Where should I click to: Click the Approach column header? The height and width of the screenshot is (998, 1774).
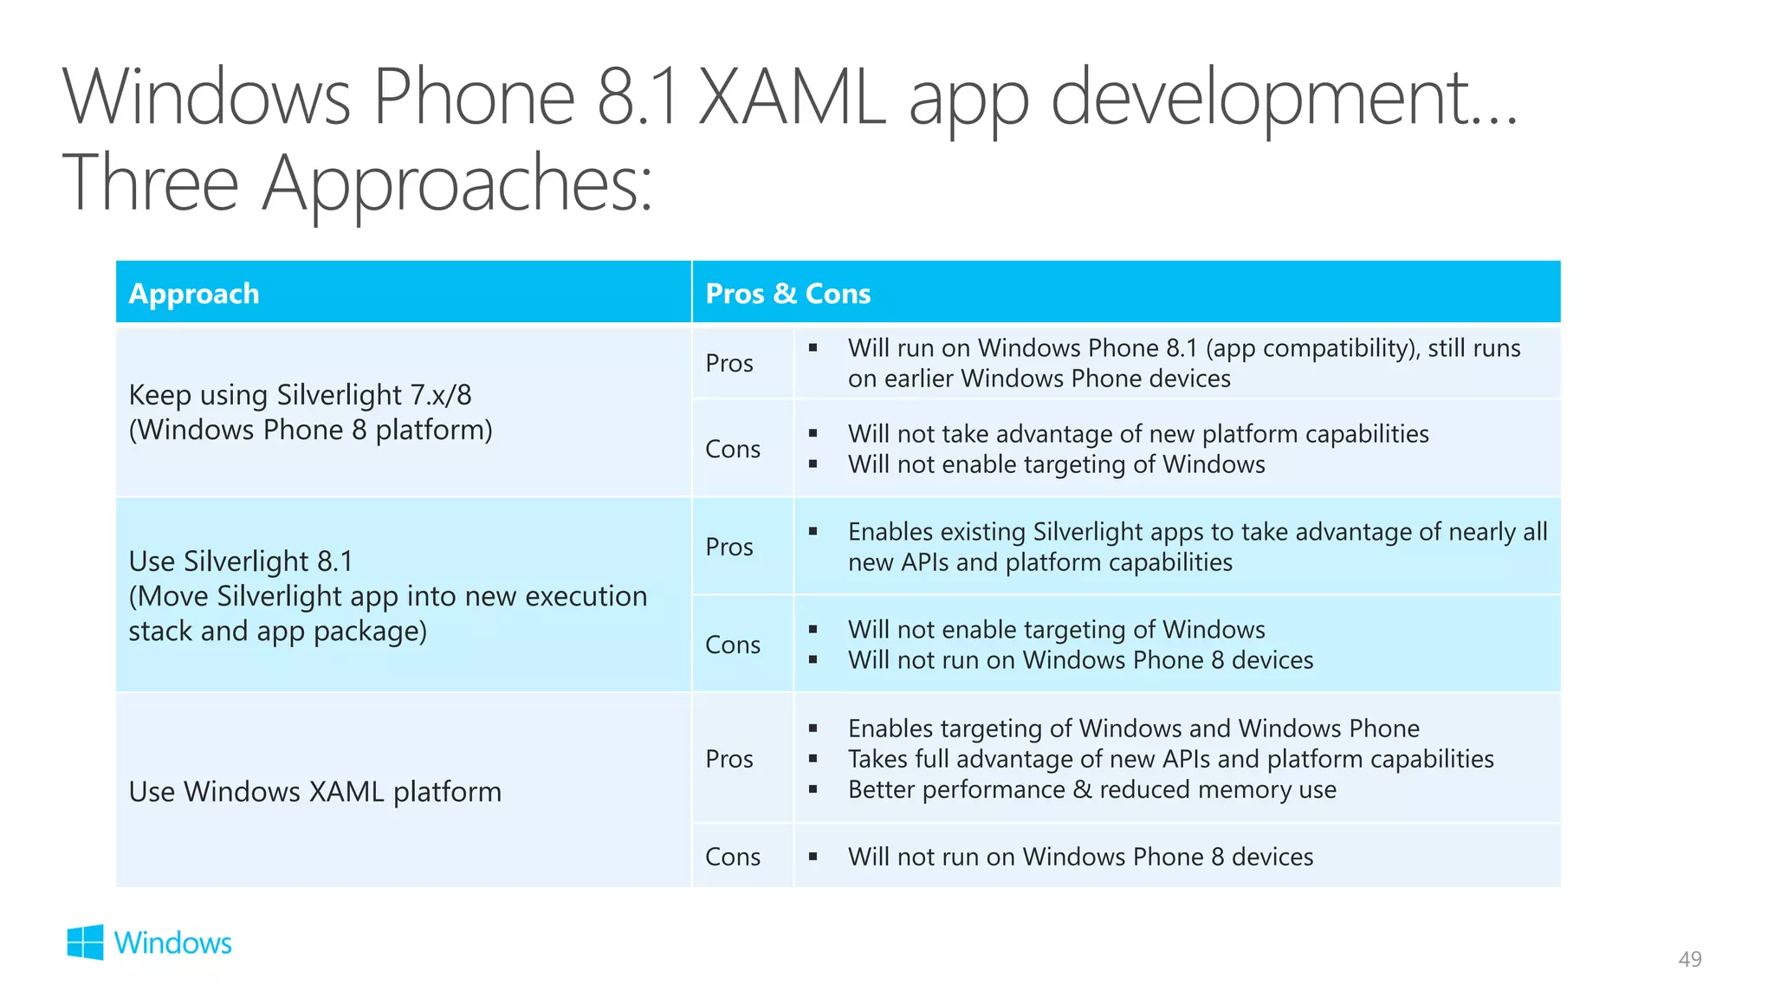pyautogui.click(x=194, y=294)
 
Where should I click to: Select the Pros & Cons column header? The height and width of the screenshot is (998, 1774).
pyautogui.click(x=787, y=294)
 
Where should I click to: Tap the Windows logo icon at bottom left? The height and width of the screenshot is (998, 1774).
pyautogui.click(x=85, y=942)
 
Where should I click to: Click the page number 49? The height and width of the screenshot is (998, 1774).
pyautogui.click(x=1689, y=959)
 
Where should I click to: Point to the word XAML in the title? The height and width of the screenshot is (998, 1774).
pyautogui.click(x=792, y=97)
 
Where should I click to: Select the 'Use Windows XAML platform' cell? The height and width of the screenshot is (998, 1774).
pyautogui.click(x=314, y=792)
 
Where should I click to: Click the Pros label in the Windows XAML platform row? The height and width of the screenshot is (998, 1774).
pyautogui.click(x=729, y=759)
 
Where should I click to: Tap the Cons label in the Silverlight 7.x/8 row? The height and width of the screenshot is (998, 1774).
pyautogui.click(x=733, y=449)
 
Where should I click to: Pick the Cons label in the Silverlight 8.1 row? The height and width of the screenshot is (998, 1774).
pyautogui.click(x=733, y=645)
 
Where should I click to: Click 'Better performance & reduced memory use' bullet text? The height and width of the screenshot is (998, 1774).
pyautogui.click(x=1091, y=789)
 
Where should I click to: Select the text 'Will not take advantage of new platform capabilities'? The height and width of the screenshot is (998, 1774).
pyautogui.click(x=1137, y=433)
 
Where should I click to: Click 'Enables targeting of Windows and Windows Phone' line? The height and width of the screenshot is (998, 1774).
pyautogui.click(x=1133, y=728)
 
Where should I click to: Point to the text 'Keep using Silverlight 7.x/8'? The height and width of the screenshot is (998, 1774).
pyautogui.click(x=300, y=395)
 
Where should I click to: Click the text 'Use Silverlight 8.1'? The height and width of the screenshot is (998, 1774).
pyautogui.click(x=241, y=561)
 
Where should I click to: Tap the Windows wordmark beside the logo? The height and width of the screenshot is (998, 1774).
pyautogui.click(x=172, y=943)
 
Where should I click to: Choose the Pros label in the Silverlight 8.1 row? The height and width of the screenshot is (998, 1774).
pyautogui.click(x=729, y=547)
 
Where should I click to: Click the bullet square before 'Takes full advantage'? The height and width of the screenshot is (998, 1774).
pyautogui.click(x=813, y=759)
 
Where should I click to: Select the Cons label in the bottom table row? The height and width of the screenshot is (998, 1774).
pyautogui.click(x=733, y=857)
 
